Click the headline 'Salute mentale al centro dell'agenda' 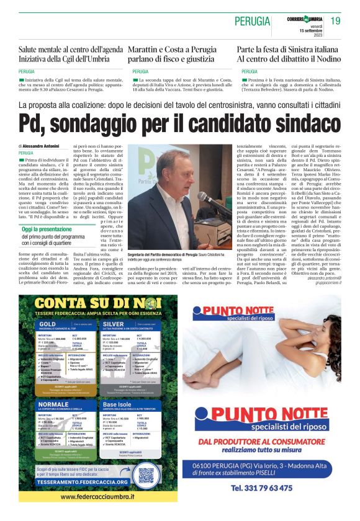[70, 49]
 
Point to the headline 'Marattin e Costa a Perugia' [172, 49]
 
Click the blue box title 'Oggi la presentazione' [47, 229]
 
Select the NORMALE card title [53, 404]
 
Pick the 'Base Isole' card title [119, 404]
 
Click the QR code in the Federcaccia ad [146, 475]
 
